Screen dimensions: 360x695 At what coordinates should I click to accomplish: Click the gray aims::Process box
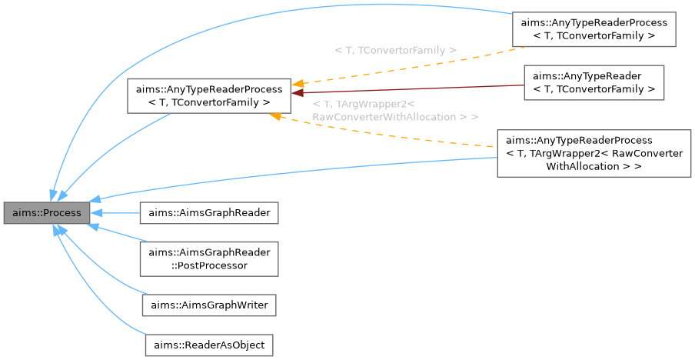pyautogui.click(x=45, y=212)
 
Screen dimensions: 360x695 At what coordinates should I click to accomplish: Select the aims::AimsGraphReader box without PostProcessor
pyautogui.click(x=208, y=212)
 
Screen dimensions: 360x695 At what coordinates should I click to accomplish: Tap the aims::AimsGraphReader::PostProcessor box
pyautogui.click(x=208, y=258)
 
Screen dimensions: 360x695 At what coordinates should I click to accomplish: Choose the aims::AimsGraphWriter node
pyautogui.click(x=208, y=305)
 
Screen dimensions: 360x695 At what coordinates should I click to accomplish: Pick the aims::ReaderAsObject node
pyautogui.click(x=209, y=345)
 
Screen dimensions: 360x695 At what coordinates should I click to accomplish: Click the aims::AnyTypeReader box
pyautogui.click(x=594, y=82)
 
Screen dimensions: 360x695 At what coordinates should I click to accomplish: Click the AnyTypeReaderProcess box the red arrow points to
pyautogui.click(x=208, y=95)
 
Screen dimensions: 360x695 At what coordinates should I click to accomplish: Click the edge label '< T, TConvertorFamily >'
pyautogui.click(x=395, y=50)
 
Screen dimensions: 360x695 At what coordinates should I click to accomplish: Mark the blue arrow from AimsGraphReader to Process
pyautogui.click(x=115, y=212)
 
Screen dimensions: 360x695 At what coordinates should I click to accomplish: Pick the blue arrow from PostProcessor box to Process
pyautogui.click(x=115, y=235)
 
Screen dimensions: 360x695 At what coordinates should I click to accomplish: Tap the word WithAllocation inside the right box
pyautogui.click(x=584, y=165)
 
